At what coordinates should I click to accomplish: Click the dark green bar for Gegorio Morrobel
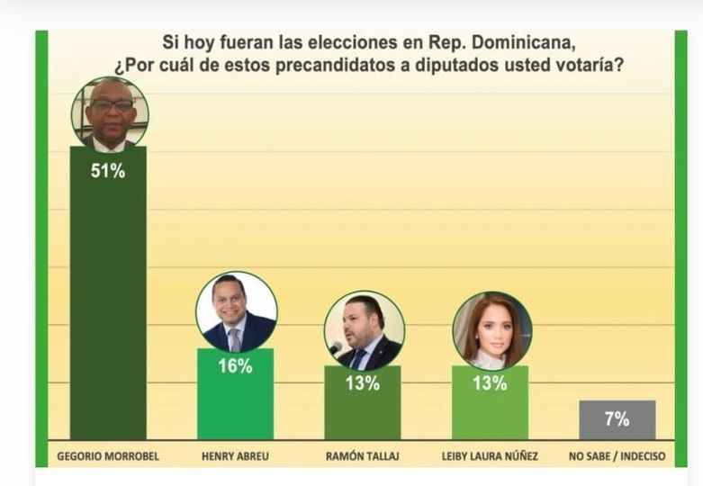point(108,306)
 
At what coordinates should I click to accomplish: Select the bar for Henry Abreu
point(236,405)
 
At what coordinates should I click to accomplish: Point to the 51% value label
point(108,170)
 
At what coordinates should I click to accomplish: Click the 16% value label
point(236,366)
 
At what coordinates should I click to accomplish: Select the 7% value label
point(617,418)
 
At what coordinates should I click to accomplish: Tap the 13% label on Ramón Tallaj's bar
point(363,383)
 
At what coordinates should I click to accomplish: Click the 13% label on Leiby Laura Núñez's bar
point(490,383)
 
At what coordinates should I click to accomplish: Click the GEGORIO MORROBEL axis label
point(108,456)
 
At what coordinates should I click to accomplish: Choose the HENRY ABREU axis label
point(236,456)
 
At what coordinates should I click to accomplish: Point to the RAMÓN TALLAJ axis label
point(363,456)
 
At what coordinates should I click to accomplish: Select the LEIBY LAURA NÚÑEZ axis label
point(490,456)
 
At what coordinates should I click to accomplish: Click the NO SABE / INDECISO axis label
point(617,456)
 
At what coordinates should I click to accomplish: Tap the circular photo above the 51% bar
point(110,113)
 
